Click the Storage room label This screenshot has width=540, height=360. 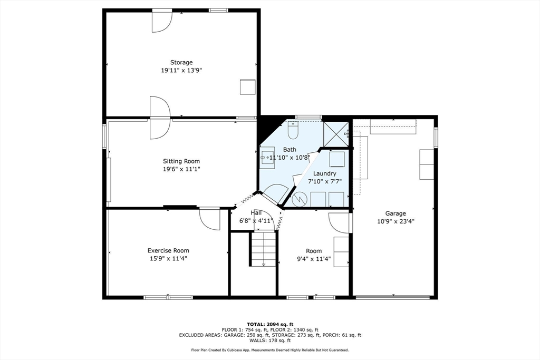[x=181, y=62]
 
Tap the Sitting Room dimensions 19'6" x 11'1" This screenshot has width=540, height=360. [x=181, y=169]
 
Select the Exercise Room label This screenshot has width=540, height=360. [x=168, y=250]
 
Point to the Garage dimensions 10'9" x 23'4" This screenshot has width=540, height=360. [x=396, y=221]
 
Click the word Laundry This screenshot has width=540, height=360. [x=325, y=173]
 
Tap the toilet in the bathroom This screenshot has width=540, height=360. [x=293, y=130]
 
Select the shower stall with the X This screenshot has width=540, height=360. [x=336, y=134]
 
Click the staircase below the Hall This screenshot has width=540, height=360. [x=264, y=249]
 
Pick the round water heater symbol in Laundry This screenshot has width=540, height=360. [x=298, y=199]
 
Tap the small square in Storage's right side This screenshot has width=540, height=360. [x=248, y=87]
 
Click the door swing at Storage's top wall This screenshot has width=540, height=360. [x=161, y=22]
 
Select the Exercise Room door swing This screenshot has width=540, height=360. [x=209, y=219]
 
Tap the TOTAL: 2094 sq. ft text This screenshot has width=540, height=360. [x=270, y=324]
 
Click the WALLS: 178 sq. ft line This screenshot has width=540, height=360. [x=270, y=340]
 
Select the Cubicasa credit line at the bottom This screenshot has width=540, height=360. [x=270, y=350]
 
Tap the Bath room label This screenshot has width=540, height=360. [x=290, y=149]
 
